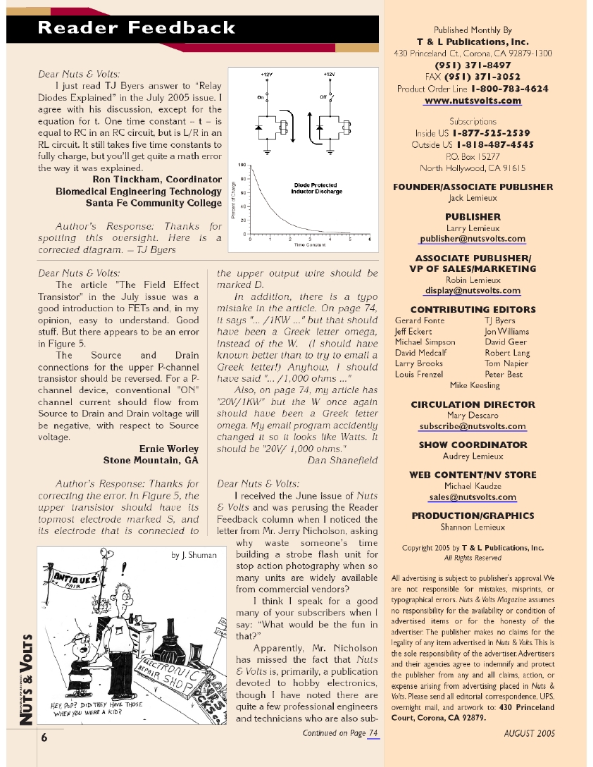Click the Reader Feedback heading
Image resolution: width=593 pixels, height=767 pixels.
tap(137, 28)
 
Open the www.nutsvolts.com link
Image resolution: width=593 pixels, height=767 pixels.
tap(473, 101)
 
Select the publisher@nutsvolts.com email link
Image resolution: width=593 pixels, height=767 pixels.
tap(473, 239)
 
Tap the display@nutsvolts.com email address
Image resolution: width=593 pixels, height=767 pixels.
tap(473, 290)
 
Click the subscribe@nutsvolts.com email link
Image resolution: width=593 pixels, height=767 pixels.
tap(473, 426)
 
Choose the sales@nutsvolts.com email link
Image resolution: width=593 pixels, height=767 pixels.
tap(473, 497)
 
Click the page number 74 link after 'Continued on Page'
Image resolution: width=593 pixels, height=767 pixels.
tap(373, 733)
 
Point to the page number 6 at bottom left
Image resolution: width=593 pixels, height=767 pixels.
tap(44, 737)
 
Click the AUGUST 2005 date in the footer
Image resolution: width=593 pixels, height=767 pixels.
tap(530, 733)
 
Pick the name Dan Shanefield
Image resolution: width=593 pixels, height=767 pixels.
tap(342, 461)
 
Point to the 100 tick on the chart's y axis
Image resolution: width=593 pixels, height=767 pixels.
tap(242, 165)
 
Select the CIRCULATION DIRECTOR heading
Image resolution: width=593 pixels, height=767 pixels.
tap(473, 405)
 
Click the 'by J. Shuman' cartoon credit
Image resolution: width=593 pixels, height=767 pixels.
tap(194, 555)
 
